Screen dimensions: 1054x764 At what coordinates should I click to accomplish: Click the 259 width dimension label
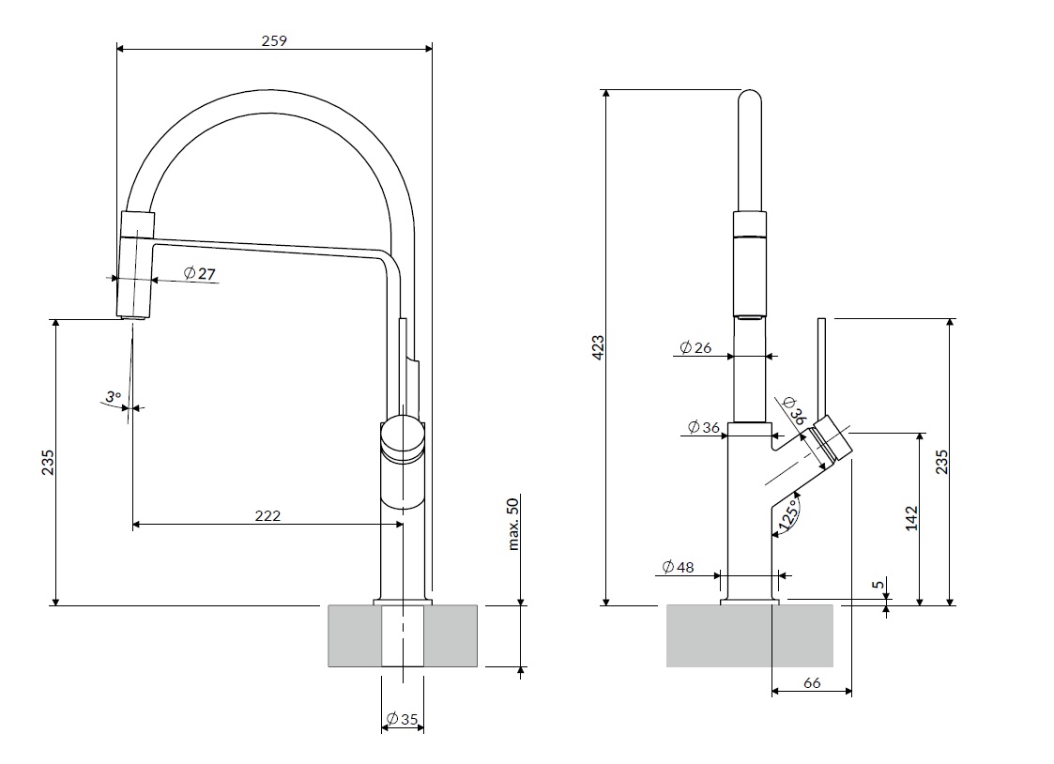click(274, 41)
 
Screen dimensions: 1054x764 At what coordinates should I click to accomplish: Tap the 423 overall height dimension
click(598, 347)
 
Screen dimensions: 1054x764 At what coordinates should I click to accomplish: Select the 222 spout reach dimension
click(267, 515)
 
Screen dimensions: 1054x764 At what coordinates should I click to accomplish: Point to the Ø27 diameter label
click(200, 273)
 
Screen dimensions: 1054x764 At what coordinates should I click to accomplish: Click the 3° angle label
click(113, 396)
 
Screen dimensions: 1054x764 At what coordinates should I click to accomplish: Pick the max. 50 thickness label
click(513, 524)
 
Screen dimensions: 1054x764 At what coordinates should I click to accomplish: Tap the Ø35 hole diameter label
click(402, 720)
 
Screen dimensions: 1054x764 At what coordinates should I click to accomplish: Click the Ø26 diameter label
click(695, 347)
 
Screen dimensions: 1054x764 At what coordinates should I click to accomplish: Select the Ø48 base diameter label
click(678, 567)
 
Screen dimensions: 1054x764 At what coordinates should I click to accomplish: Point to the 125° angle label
click(789, 514)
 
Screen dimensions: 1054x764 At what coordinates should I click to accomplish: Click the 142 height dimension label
click(910, 519)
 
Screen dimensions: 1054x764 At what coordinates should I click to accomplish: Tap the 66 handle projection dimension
click(812, 682)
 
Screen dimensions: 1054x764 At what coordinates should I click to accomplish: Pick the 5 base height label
click(878, 585)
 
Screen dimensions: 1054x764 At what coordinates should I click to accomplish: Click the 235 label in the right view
click(941, 463)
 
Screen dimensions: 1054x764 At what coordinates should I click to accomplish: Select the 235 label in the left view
click(48, 463)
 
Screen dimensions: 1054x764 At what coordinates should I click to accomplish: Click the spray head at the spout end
click(136, 265)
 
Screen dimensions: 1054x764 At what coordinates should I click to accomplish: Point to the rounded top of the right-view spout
click(750, 100)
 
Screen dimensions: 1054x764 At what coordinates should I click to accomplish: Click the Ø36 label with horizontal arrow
click(704, 427)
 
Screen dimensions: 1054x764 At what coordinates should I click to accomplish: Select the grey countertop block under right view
click(750, 635)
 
